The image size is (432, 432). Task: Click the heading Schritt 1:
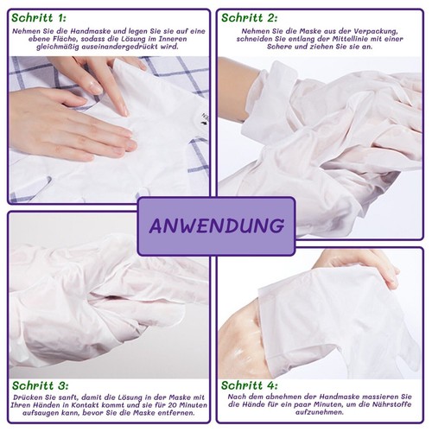pyautogui.click(x=39, y=18)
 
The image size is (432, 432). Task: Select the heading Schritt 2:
pyautogui.click(x=250, y=18)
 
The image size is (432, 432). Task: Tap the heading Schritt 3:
pyautogui.click(x=41, y=385)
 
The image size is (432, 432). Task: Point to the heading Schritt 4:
pyautogui.click(x=250, y=385)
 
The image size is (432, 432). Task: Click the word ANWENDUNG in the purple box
pyautogui.click(x=217, y=226)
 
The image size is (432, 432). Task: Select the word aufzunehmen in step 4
pyautogui.click(x=320, y=412)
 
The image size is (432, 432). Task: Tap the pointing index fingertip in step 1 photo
pyautogui.click(x=124, y=111)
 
